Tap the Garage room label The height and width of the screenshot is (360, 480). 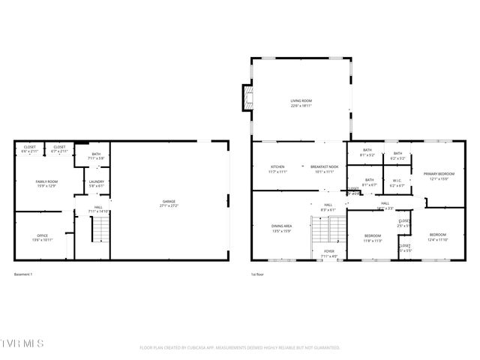(x=169, y=202)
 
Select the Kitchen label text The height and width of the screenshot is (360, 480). (x=277, y=169)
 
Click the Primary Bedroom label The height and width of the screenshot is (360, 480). (x=439, y=175)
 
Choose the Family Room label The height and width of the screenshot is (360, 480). (x=47, y=183)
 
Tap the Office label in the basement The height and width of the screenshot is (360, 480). (x=43, y=238)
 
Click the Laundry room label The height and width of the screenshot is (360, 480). (x=95, y=183)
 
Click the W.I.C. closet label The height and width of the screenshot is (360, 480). (x=397, y=181)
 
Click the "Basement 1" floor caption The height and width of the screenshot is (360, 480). (x=23, y=274)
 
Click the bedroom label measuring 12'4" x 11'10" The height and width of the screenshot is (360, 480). (x=438, y=237)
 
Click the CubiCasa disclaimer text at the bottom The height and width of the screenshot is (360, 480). (x=240, y=347)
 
